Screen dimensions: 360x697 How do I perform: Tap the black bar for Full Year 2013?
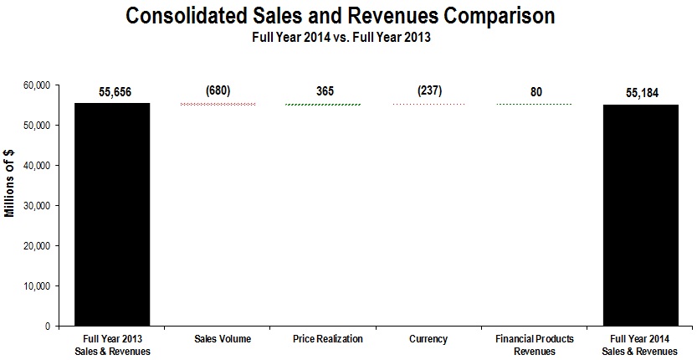click(112, 213)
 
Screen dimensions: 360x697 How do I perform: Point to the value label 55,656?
click(112, 93)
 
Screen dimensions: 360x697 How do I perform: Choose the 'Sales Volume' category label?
click(218, 339)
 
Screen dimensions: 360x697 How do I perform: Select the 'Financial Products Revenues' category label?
click(534, 344)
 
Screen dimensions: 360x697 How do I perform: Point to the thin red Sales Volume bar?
click(218, 105)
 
